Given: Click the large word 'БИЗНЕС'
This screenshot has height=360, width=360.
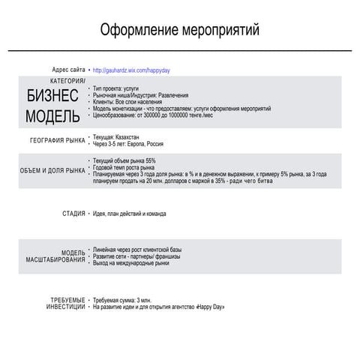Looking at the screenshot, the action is [x=52, y=97].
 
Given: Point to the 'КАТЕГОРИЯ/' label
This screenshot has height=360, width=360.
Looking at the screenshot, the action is [x=67, y=80].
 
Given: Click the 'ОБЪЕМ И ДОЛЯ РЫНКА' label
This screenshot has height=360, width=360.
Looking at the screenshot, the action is [x=52, y=170].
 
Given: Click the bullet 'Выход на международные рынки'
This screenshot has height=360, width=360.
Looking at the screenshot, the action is [x=131, y=262].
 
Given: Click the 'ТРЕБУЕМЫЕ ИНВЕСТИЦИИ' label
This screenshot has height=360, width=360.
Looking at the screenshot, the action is [x=65, y=304].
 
